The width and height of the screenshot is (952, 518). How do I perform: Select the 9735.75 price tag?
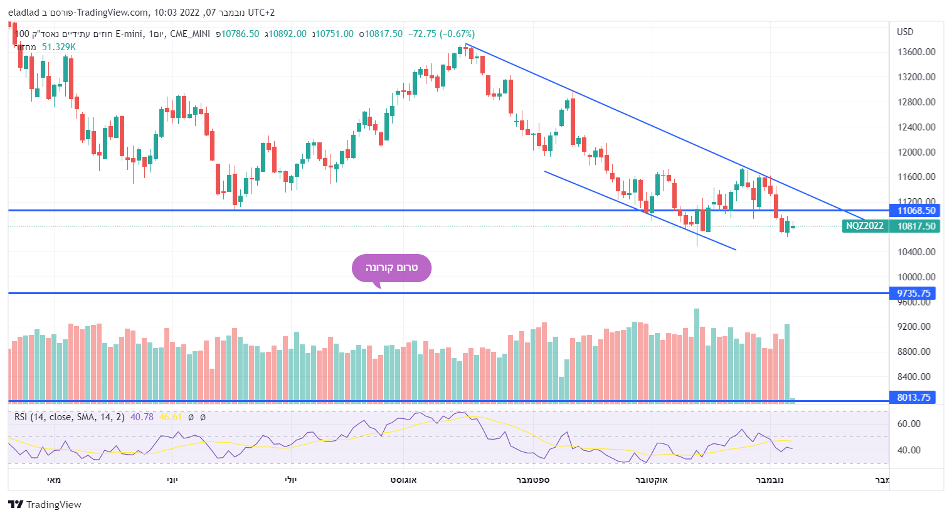point(914,293)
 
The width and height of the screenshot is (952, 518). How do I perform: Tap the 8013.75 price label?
point(914,398)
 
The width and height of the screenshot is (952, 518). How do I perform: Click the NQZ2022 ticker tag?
point(864,226)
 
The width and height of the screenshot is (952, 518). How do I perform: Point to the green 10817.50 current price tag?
point(916,226)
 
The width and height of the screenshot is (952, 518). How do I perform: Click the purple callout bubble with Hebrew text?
point(391,268)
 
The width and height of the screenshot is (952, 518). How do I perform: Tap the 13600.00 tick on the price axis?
point(916,52)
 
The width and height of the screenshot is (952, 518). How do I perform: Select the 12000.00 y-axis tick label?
point(916,152)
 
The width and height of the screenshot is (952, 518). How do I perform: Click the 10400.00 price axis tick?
point(916,252)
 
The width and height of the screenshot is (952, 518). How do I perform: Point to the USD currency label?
point(905,32)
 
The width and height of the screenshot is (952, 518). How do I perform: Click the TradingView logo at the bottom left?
point(45,505)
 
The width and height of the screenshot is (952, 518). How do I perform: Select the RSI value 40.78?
point(142,417)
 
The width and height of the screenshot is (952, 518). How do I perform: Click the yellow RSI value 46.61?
point(171,417)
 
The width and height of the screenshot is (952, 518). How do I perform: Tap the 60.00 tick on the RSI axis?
point(909,424)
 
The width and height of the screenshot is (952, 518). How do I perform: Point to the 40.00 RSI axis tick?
point(909,450)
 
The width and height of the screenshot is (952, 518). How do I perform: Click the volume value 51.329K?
point(59,47)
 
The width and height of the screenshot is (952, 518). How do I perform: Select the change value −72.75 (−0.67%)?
point(442,34)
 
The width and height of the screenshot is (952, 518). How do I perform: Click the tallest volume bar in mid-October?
point(697,354)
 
